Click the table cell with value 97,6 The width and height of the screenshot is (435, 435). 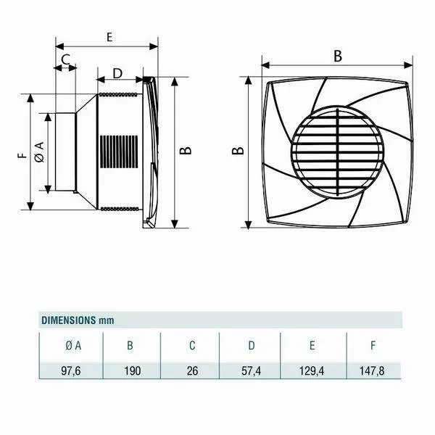(71, 370)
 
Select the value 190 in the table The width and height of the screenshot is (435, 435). (133, 370)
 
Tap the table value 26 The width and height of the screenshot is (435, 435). (192, 370)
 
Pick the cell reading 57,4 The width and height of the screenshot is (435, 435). (251, 370)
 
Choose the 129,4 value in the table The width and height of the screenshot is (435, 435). (312, 370)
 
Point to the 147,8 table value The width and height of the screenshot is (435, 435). (372, 370)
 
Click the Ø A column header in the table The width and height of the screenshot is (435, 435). (73, 346)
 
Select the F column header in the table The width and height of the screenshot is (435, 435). (373, 346)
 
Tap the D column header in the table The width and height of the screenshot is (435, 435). (252, 346)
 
